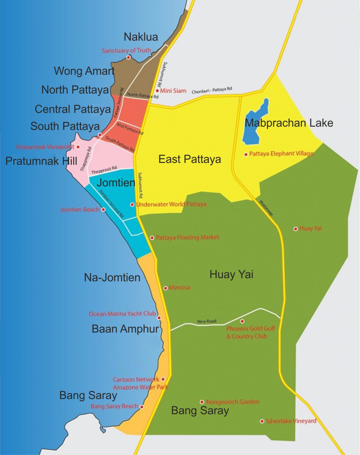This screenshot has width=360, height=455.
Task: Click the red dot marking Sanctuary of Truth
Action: (x=128, y=57)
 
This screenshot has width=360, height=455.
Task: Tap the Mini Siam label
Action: (x=173, y=91)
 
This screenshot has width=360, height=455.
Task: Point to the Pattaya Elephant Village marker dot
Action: (x=246, y=154)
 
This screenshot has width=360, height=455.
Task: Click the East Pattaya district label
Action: (x=190, y=159)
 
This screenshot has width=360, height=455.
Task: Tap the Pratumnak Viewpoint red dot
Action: (x=78, y=147)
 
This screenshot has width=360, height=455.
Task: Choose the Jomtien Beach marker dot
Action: (x=103, y=209)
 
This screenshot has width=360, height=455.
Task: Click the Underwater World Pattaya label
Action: (x=171, y=204)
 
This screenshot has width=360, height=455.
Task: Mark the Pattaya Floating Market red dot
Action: (x=152, y=238)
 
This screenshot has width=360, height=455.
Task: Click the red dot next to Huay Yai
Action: (x=295, y=229)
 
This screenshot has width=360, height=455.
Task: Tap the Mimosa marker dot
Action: (x=166, y=288)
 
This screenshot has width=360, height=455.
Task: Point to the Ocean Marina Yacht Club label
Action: (x=122, y=314)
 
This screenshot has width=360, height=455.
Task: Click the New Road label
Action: (x=207, y=321)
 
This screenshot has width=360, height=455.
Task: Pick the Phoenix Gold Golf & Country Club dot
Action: (x=242, y=321)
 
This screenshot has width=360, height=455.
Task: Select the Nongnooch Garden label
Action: (x=232, y=402)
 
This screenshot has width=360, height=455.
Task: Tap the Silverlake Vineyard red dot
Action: (x=262, y=421)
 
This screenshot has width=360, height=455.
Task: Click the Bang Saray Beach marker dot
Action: (x=142, y=407)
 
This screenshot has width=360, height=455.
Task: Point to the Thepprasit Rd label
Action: (x=104, y=170)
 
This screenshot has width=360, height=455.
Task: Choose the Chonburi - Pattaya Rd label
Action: (x=212, y=90)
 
